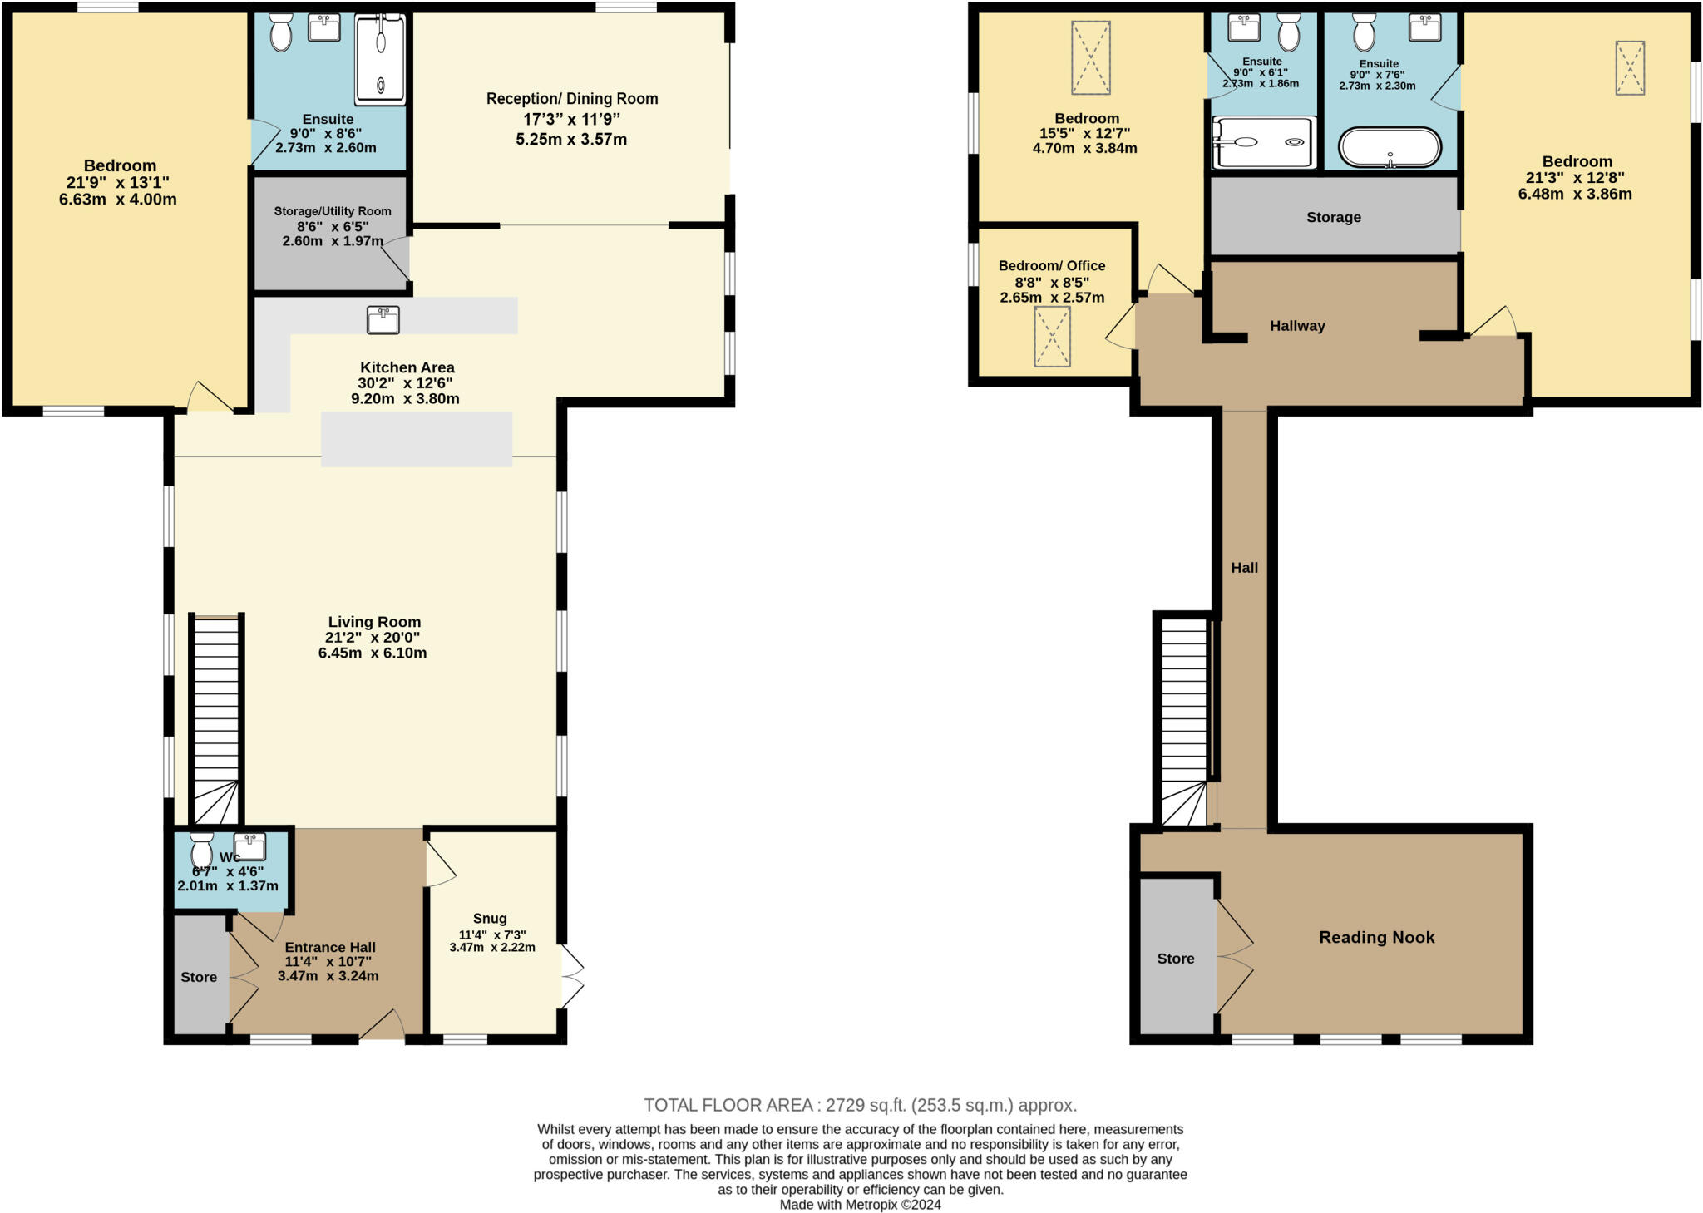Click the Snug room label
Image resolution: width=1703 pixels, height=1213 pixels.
490,918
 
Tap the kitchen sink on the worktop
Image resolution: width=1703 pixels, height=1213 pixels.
383,319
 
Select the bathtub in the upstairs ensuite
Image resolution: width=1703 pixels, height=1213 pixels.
1390,148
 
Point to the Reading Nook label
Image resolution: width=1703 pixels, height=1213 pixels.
1376,937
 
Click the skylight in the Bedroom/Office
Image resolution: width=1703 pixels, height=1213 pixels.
1052,336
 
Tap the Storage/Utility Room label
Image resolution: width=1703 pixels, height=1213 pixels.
333,211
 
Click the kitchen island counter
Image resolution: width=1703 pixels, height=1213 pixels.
416,438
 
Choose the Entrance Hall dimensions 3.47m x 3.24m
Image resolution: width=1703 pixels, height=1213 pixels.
328,975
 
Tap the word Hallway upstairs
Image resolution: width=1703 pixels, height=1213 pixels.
1296,326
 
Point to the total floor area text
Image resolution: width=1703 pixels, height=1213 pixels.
860,1105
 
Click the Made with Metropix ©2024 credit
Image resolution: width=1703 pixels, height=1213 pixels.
860,1204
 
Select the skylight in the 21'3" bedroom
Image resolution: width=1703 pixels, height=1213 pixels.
1629,67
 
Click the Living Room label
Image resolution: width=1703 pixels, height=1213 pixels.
374,622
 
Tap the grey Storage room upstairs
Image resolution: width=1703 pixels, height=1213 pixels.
1333,217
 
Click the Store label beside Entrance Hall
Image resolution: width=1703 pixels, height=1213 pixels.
199,977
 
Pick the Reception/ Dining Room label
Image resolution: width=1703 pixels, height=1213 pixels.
572,99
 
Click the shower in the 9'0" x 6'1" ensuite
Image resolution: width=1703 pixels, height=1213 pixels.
1263,142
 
